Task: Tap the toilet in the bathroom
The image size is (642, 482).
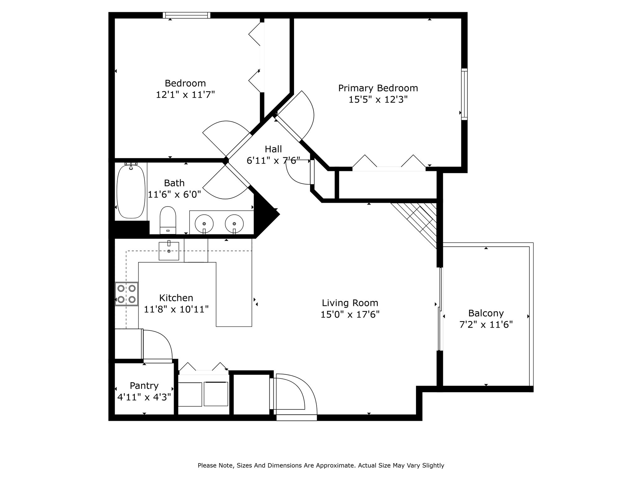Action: tap(168, 220)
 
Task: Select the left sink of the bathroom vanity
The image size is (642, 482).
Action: tap(204, 224)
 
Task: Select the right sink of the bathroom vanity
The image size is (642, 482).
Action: tap(234, 224)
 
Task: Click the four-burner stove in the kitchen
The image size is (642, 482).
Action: tap(126, 294)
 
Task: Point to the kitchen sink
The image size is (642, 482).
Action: tap(169, 251)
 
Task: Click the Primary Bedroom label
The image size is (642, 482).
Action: tap(378, 88)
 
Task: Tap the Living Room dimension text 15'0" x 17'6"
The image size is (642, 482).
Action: tap(350, 314)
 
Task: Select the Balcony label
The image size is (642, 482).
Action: tap(486, 313)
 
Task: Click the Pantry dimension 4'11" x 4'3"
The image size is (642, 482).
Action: tap(144, 397)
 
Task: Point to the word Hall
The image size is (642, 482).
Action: tap(273, 149)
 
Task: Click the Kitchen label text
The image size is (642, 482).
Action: tap(176, 298)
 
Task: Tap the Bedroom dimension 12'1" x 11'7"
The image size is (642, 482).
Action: tap(185, 94)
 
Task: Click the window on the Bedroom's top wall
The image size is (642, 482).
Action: tap(187, 15)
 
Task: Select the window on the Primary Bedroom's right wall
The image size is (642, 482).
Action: tap(464, 94)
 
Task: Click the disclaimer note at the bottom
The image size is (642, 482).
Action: tap(321, 465)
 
